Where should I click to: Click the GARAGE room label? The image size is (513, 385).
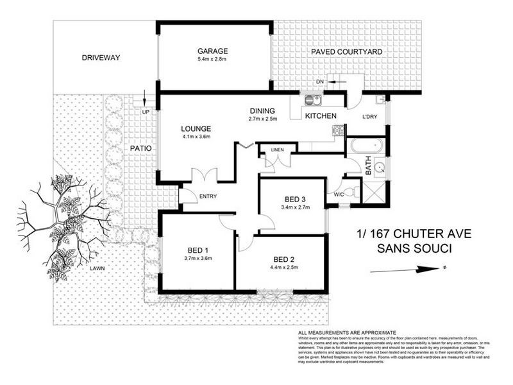pos(213,51)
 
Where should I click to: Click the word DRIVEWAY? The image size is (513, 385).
pos(101,58)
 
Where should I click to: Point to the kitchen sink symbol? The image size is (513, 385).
pos(312,100)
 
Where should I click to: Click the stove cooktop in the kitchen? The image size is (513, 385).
pos(338,131)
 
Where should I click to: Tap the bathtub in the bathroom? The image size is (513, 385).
pos(366,146)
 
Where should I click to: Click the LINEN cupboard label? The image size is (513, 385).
pos(277,150)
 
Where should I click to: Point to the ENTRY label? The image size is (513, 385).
pos(208,196)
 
